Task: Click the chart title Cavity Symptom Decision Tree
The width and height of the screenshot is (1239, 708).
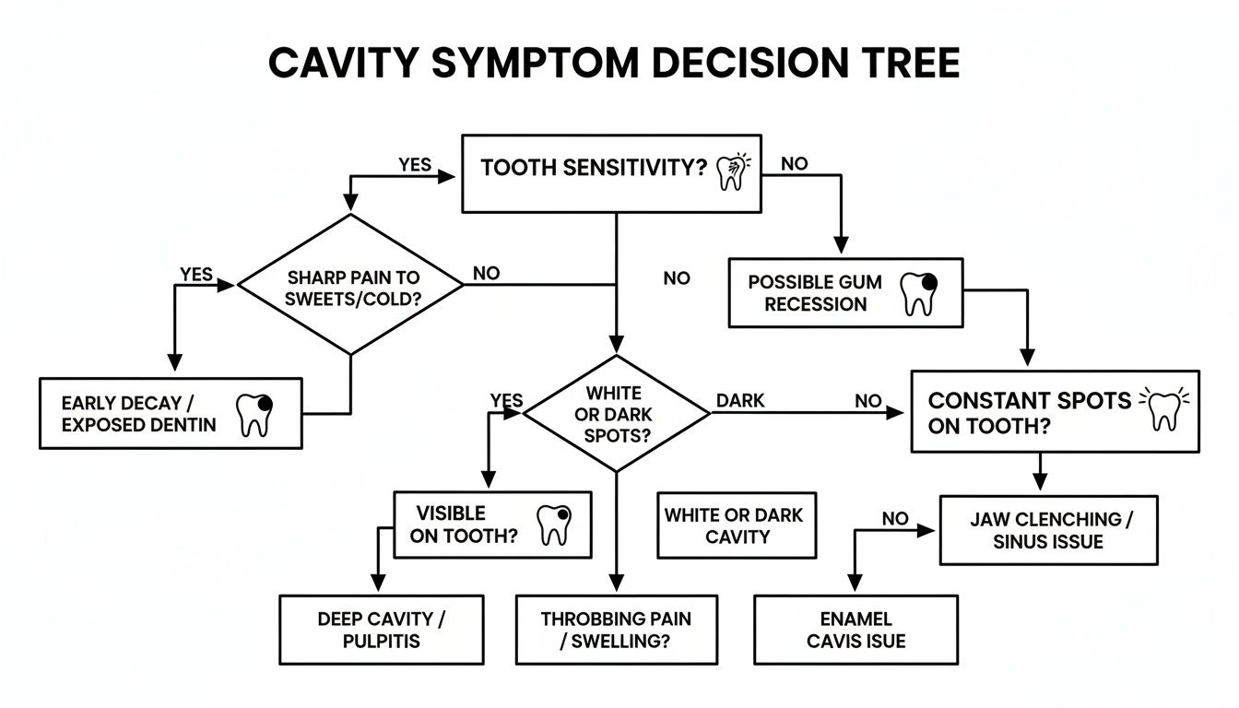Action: [614, 65]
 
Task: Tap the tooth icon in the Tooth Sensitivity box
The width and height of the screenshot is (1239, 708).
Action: [731, 171]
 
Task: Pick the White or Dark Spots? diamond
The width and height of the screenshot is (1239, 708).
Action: [617, 415]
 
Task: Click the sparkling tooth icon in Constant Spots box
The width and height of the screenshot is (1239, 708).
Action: [1165, 408]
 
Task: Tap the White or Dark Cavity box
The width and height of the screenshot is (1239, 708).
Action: [736, 525]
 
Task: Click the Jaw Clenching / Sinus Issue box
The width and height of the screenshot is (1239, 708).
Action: [1048, 530]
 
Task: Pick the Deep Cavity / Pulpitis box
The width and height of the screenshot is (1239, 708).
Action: [381, 630]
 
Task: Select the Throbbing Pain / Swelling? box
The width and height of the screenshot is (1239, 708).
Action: [615, 630]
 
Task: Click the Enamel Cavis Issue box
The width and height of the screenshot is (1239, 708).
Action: [855, 630]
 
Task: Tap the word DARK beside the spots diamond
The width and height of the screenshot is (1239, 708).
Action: [740, 401]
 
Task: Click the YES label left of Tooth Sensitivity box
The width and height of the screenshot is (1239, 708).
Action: [415, 164]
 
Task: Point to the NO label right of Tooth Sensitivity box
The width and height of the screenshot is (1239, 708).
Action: [794, 164]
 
